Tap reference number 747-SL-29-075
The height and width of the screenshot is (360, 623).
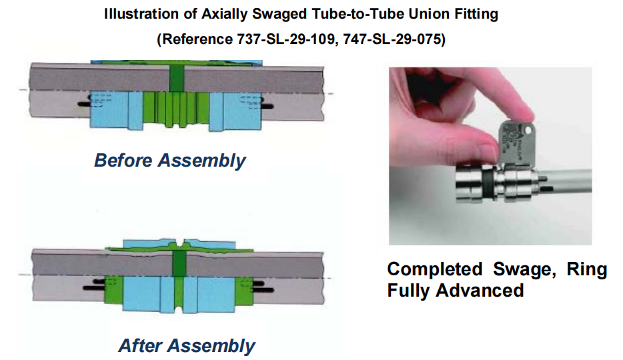pos(385,39)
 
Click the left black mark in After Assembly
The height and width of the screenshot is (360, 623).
pos(95,289)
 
